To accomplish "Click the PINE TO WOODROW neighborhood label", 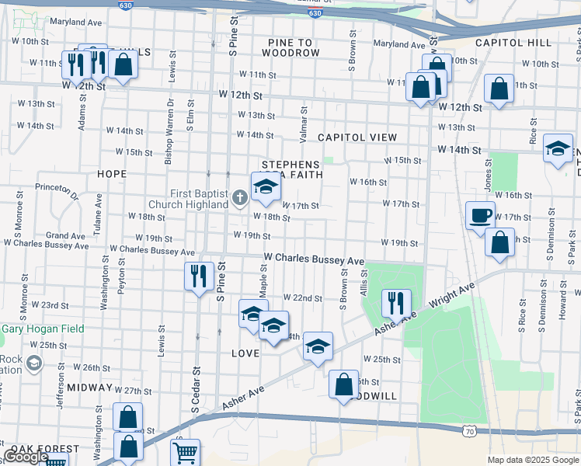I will click(290, 47).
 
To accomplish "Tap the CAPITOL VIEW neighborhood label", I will click(357, 137).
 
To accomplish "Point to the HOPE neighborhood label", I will click(113, 174).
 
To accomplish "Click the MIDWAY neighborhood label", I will click(90, 387).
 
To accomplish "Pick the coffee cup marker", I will click(480, 214).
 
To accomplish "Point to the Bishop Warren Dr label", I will click(169, 141).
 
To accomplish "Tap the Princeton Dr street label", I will click(60, 193).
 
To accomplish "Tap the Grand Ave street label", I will click(65, 235).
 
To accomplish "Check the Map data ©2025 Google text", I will click(532, 460).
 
